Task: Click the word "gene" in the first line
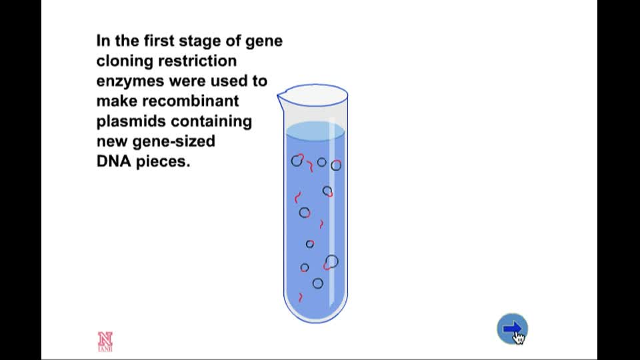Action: [264, 41]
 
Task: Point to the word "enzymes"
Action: [131, 81]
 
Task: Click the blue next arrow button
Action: [512, 329]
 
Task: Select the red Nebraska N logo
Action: [105, 341]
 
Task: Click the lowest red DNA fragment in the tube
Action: [301, 297]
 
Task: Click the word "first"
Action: [159, 41]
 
